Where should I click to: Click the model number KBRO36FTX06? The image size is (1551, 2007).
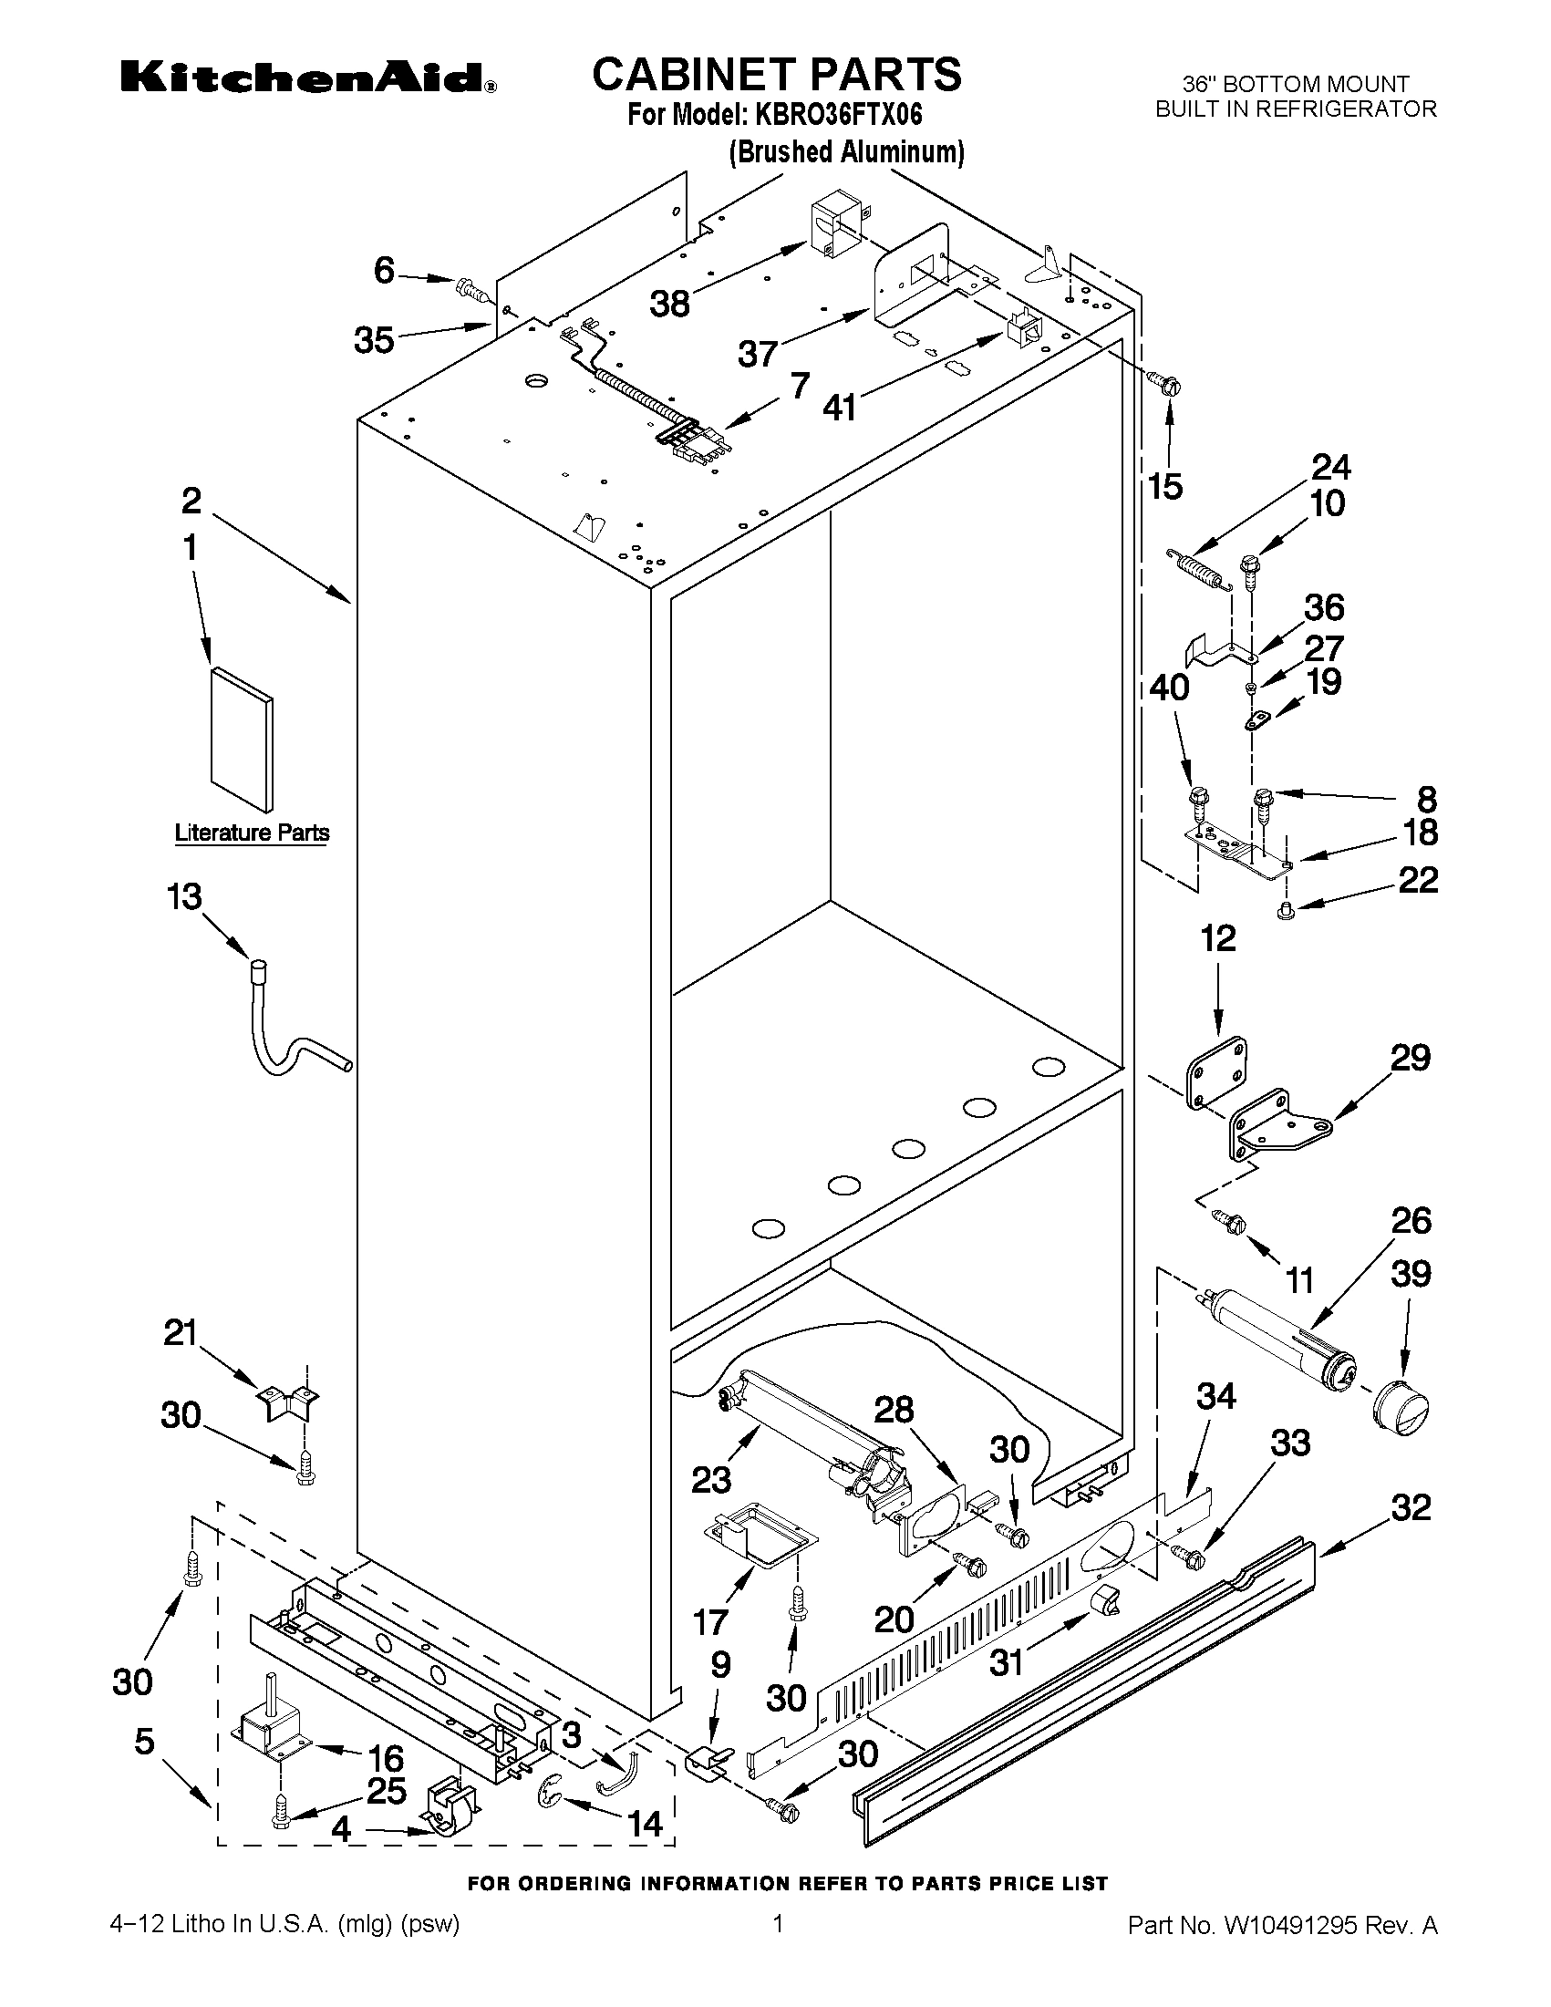838,115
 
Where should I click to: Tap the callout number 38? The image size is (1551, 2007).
670,304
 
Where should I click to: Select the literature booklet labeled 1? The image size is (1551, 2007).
242,739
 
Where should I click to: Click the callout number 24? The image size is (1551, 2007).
1330,468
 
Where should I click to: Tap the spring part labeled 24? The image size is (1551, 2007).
1197,569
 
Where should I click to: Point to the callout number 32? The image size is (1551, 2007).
1411,1507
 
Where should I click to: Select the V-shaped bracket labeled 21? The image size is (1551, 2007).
286,1404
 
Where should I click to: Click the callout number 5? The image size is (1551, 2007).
144,1742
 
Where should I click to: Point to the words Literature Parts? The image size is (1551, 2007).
252,833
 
